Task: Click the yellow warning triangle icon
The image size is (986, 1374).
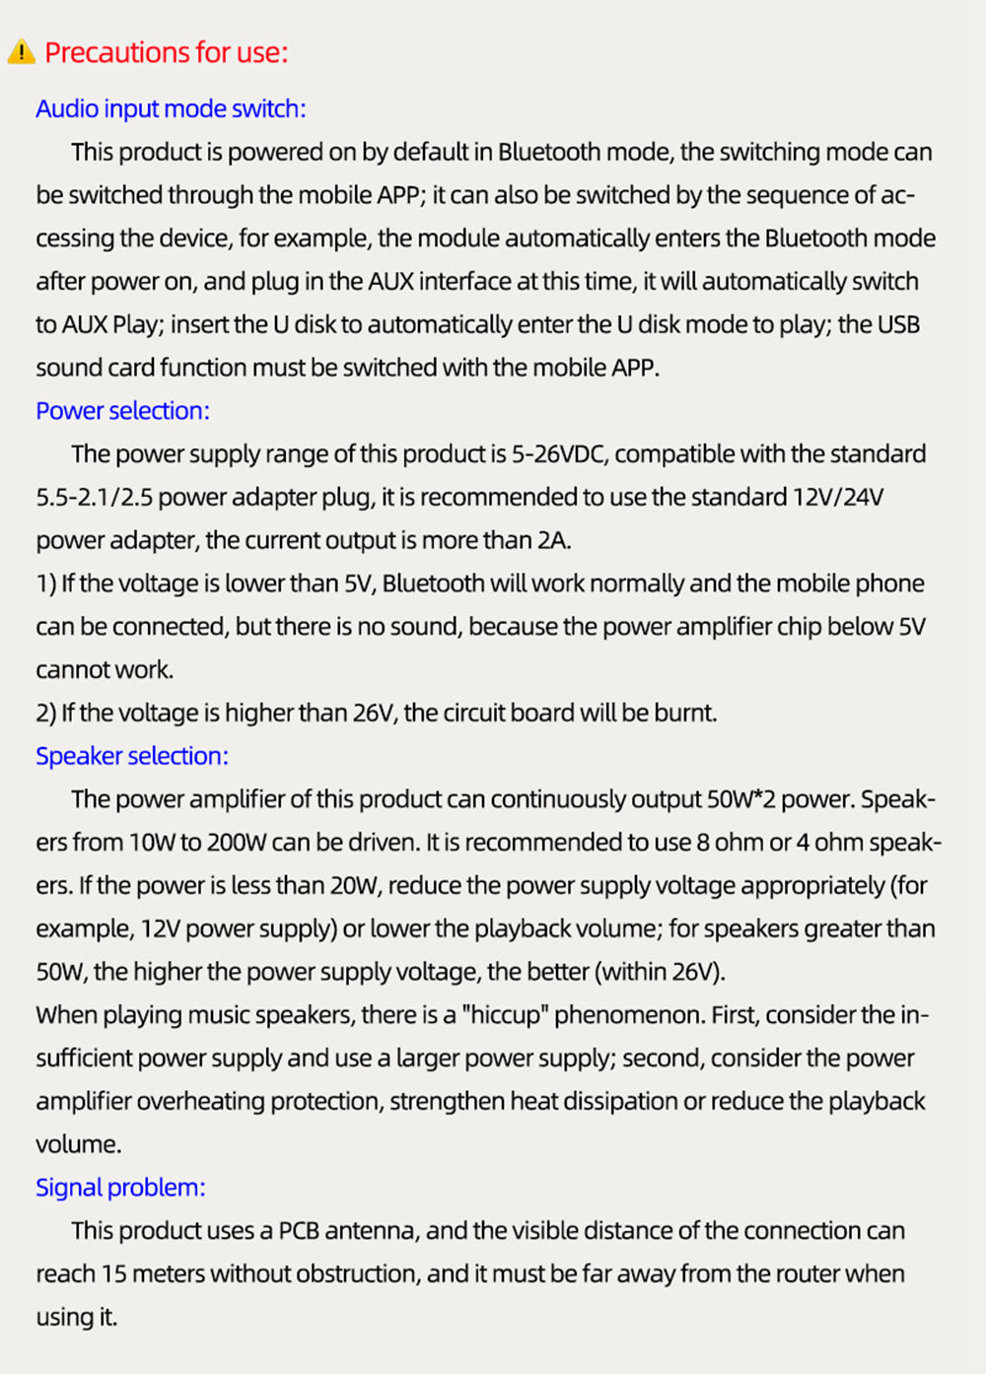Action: (x=21, y=52)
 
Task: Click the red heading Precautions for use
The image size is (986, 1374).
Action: (x=166, y=52)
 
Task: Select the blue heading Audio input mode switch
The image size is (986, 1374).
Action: (x=171, y=108)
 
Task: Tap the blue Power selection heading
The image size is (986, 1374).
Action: (x=122, y=410)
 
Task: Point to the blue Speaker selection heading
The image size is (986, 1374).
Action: (x=131, y=756)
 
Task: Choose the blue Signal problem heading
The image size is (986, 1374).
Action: (x=120, y=1187)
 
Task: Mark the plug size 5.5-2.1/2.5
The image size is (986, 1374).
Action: (x=95, y=497)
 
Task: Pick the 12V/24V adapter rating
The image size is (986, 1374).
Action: (x=838, y=497)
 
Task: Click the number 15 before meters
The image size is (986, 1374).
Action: (x=113, y=1273)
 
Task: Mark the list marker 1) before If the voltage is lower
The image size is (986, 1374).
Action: (x=46, y=584)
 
